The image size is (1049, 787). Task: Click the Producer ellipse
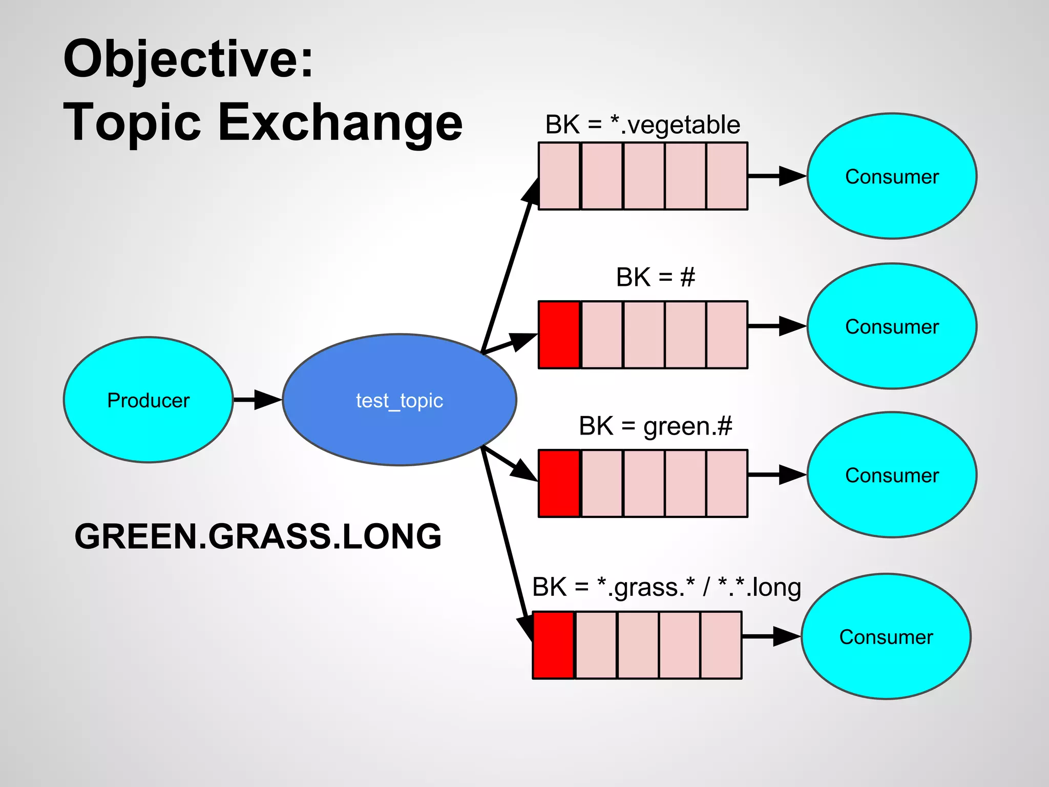(x=148, y=400)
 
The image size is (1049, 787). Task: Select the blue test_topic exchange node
(x=399, y=400)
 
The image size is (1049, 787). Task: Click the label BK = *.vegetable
(x=642, y=125)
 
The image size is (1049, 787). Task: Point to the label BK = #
(x=655, y=277)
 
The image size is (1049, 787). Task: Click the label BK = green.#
(x=655, y=426)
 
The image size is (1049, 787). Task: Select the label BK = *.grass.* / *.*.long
(x=666, y=587)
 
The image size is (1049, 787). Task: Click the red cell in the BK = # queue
(x=559, y=335)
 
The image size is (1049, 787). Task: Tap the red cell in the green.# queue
(x=559, y=483)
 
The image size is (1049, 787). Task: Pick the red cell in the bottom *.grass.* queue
(x=553, y=645)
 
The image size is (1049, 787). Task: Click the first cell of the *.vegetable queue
(x=559, y=176)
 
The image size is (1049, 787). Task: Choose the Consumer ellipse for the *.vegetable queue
(x=892, y=176)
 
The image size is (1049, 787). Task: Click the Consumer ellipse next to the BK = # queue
(x=892, y=326)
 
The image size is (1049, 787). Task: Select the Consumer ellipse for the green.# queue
(x=892, y=475)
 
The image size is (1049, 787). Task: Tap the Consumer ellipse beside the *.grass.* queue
(x=886, y=636)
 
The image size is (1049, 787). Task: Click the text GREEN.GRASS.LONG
(x=258, y=536)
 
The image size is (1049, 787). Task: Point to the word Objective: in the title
(x=188, y=60)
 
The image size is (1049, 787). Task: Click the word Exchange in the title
(x=340, y=123)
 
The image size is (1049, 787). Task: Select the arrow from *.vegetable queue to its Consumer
(x=776, y=176)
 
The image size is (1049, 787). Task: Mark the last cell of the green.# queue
(x=727, y=483)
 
